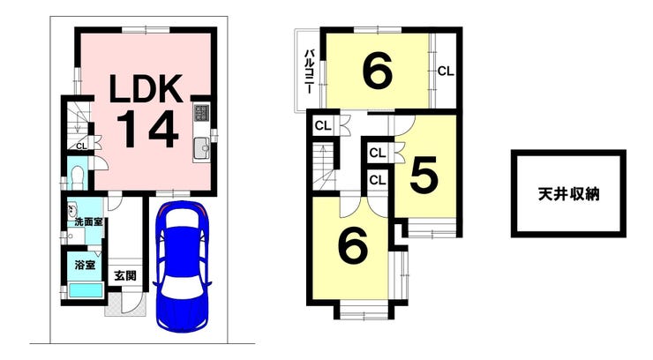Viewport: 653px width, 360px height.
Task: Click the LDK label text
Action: click(146, 89)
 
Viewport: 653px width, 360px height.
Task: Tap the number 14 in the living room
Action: click(148, 130)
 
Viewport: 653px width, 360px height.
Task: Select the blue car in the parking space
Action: click(182, 266)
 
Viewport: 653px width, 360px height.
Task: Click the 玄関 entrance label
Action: click(125, 275)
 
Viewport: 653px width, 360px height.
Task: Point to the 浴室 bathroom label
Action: click(85, 265)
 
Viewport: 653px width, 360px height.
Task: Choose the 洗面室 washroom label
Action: click(88, 222)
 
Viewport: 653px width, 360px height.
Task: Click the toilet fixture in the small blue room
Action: click(77, 177)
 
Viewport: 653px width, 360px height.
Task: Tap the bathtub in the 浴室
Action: click(86, 290)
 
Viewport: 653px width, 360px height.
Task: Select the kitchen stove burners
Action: click(201, 112)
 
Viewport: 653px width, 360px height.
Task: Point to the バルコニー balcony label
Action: click(310, 71)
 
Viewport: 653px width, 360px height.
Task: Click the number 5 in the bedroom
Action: click(424, 176)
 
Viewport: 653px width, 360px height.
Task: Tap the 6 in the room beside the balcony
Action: click(378, 71)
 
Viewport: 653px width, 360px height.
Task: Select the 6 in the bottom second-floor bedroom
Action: click(353, 245)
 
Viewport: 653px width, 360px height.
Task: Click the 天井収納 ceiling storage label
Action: click(568, 194)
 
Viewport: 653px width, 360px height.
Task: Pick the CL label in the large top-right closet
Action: click(446, 71)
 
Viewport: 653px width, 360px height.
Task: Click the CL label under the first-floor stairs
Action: click(81, 146)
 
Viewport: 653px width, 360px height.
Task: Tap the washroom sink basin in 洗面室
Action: click(71, 209)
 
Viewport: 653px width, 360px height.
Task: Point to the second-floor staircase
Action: click(323, 167)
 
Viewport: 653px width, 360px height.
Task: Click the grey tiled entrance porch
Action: click(126, 304)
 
